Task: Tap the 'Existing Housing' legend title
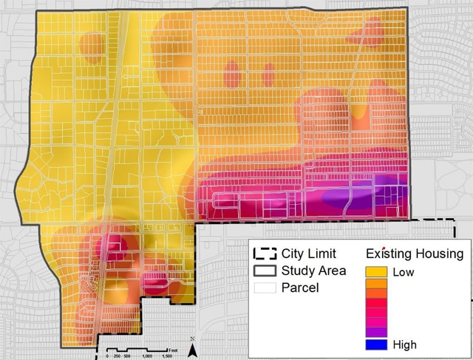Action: (415, 254)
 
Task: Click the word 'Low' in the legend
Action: (404, 272)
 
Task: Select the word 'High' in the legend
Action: (405, 344)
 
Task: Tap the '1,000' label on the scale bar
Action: (148, 356)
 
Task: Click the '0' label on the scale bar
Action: (107, 356)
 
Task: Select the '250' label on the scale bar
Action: (116, 356)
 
